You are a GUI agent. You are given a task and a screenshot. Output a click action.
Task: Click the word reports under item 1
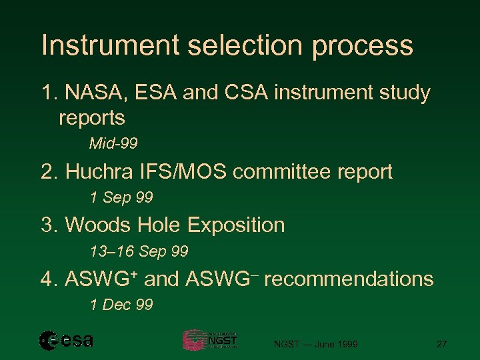point(92,119)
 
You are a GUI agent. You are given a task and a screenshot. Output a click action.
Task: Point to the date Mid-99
point(113,144)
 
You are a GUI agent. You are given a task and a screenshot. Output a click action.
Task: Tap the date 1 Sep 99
point(121,198)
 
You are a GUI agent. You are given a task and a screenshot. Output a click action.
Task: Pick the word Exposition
point(236,225)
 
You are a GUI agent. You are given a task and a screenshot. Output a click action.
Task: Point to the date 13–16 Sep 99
point(139,252)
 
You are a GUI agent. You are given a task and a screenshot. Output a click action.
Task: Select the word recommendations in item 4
point(349,279)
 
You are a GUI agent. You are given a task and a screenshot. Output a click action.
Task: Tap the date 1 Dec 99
point(121,305)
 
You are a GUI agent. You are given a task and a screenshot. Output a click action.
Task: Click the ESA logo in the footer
point(66,341)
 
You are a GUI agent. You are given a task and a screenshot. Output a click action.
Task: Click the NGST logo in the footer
point(210,340)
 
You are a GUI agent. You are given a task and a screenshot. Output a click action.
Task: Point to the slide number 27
point(441,344)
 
